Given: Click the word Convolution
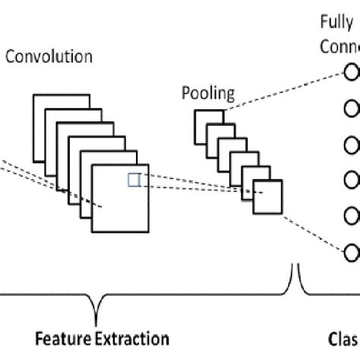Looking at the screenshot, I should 49,57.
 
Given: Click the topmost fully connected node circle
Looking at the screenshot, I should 352,73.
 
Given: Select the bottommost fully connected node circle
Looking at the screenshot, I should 352,251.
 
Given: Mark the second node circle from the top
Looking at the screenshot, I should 352,109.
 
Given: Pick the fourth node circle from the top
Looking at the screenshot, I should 352,180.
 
